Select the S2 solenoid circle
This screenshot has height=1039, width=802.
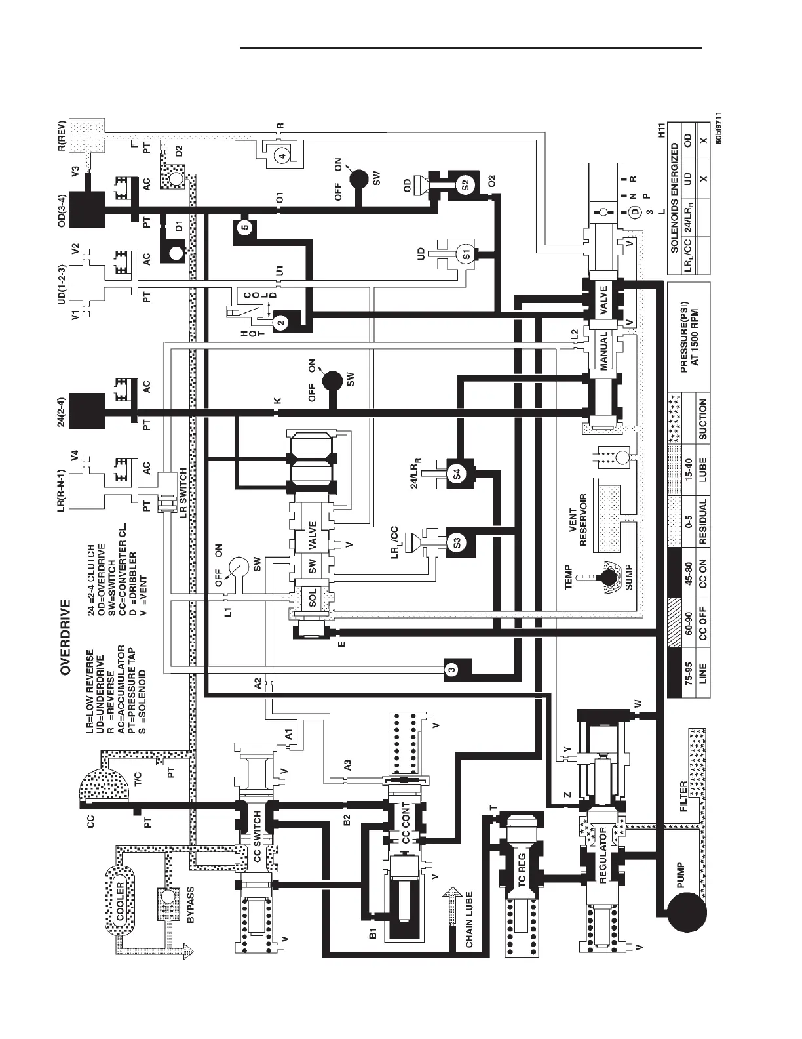pyautogui.click(x=464, y=186)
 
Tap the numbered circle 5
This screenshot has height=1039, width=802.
pyautogui.click(x=244, y=228)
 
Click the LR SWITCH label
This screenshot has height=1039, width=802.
pyautogui.click(x=184, y=493)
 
